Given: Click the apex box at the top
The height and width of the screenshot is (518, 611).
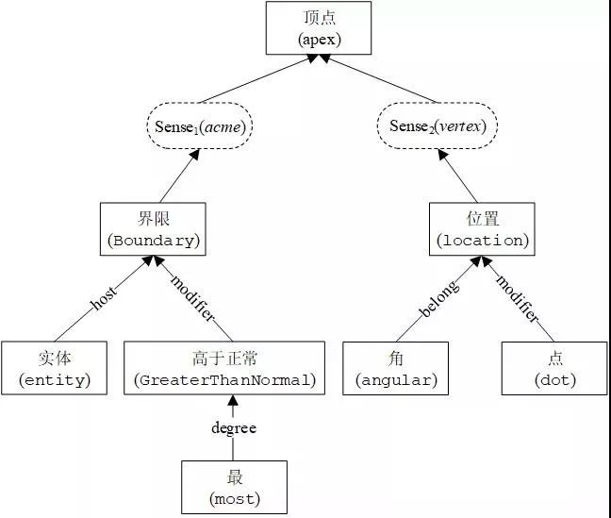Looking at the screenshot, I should (319, 27).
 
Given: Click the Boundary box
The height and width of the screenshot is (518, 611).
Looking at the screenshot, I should (152, 228).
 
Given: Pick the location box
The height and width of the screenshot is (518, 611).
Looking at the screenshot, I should (481, 228).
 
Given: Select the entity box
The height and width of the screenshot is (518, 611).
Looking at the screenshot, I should (55, 368).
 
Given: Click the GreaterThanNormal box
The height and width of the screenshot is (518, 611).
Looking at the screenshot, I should (224, 368).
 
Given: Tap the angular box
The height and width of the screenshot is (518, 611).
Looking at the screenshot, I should (395, 368).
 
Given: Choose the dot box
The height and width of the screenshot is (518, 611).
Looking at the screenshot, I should (553, 368).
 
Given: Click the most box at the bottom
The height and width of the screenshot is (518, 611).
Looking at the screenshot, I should (232, 487).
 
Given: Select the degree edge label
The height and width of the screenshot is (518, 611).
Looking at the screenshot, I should (233, 427).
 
